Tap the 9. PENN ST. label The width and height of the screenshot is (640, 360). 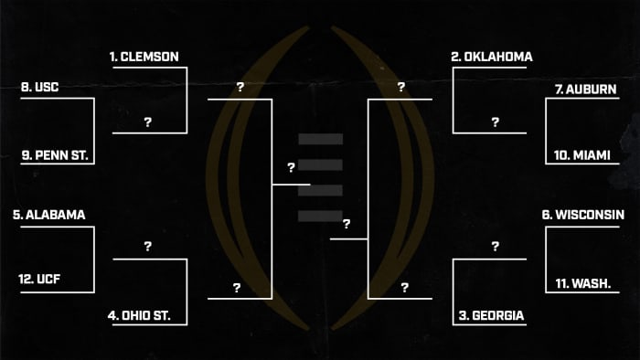[x=54, y=156]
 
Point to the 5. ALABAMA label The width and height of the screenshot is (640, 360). [x=49, y=216]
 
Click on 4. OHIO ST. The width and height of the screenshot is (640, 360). [x=146, y=315]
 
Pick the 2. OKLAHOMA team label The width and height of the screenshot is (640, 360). [x=492, y=57]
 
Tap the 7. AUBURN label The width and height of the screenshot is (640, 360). [x=585, y=90]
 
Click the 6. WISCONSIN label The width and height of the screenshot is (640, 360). [x=582, y=216]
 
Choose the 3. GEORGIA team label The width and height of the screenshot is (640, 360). [x=491, y=315]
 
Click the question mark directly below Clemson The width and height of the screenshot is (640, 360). [x=148, y=122]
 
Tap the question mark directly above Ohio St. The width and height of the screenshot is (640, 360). [x=148, y=247]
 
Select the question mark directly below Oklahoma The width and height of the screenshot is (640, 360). [x=495, y=122]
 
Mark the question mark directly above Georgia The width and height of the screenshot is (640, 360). [x=495, y=247]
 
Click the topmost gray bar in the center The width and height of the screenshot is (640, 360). [x=320, y=139]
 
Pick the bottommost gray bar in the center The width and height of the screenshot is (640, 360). [x=320, y=215]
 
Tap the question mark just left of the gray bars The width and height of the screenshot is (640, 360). [x=291, y=168]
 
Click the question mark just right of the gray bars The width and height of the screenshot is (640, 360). [x=347, y=224]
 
